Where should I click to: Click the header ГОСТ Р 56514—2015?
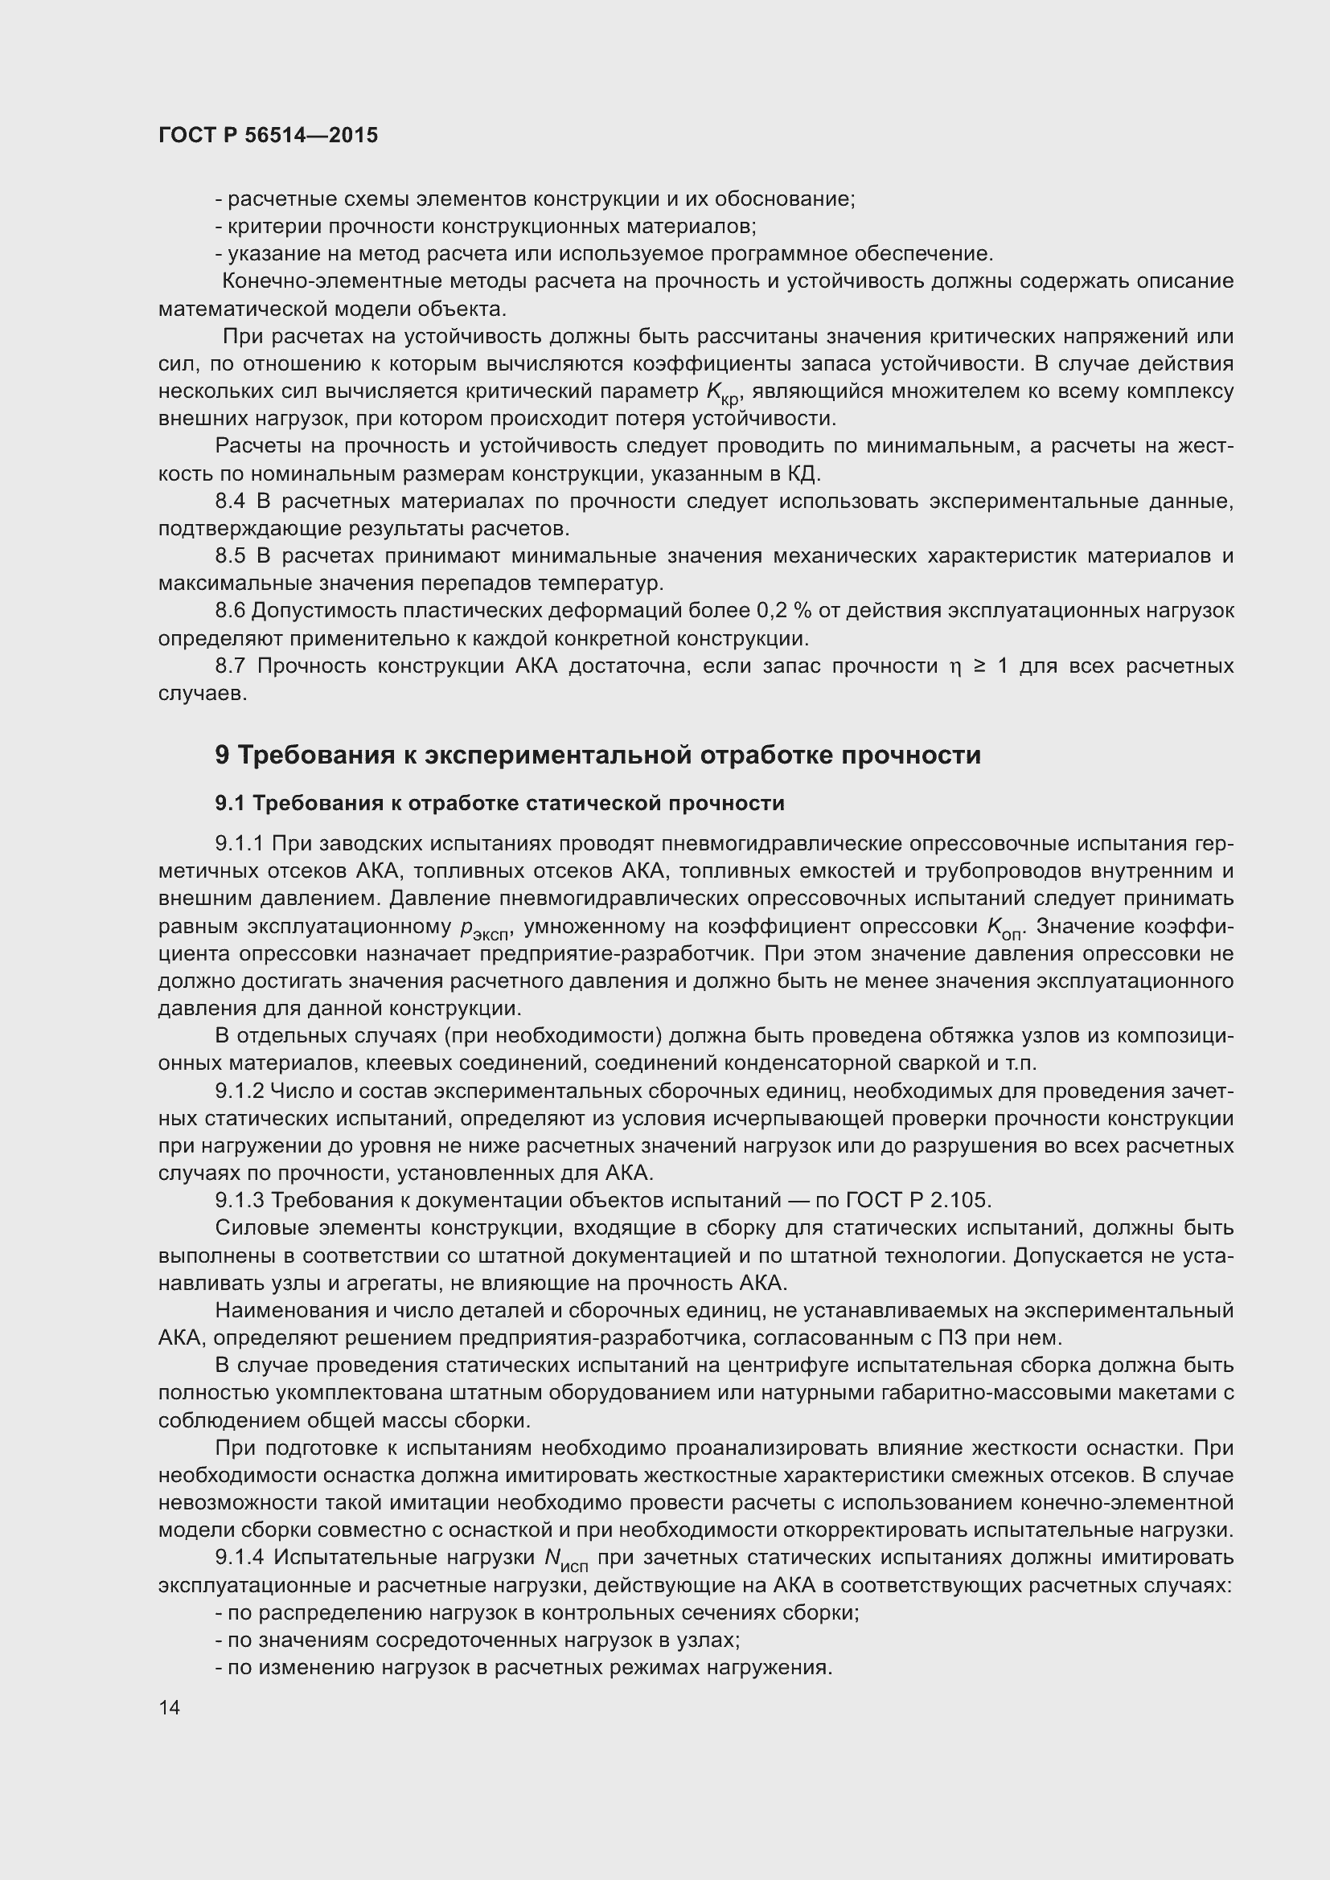[268, 135]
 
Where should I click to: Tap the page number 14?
[170, 1707]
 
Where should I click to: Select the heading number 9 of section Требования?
[222, 754]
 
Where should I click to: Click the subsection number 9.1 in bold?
[229, 803]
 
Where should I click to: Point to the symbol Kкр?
[722, 393]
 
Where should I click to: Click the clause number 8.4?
[230, 501]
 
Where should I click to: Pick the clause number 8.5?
[230, 556]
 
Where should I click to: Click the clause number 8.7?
[230, 666]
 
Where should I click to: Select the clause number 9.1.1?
[239, 843]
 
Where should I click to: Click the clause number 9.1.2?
[239, 1092]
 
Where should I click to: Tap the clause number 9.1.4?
[239, 1557]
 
